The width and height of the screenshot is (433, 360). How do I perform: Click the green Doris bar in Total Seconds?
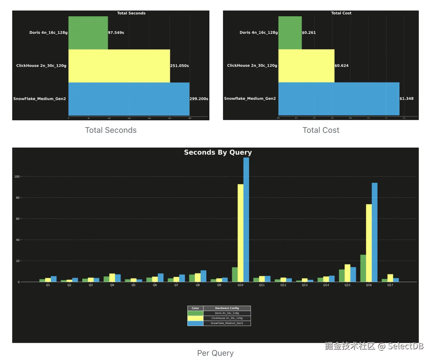click(88, 33)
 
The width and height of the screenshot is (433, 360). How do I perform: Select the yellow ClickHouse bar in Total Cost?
click(306, 66)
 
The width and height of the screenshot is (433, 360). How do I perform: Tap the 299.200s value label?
click(199, 99)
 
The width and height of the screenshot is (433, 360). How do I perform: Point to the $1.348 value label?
click(406, 99)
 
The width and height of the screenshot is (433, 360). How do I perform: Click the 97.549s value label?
click(116, 33)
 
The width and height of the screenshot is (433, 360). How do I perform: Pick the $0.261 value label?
click(309, 33)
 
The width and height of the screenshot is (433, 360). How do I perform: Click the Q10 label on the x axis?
click(240, 285)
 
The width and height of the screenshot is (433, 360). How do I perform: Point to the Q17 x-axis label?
click(390, 285)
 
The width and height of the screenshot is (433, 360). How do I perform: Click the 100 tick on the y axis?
click(17, 176)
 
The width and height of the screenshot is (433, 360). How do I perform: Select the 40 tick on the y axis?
click(18, 240)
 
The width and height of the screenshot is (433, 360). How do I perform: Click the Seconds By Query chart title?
click(218, 152)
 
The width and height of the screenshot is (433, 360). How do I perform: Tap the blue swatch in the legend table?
click(195, 323)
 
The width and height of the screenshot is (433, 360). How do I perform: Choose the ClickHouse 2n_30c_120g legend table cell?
click(227, 318)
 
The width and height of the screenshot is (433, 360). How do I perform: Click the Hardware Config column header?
click(227, 308)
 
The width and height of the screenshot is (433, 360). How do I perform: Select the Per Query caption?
click(215, 353)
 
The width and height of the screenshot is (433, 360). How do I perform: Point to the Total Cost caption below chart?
click(321, 130)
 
